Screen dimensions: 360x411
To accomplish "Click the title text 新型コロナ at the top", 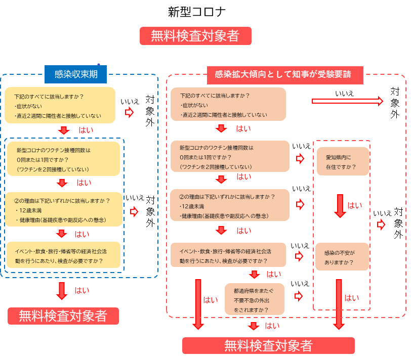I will point(196,12).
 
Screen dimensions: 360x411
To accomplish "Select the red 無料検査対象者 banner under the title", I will point(195,36).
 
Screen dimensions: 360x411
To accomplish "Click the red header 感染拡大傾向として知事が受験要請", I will point(285,75).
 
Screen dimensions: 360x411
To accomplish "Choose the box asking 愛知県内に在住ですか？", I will point(343,161).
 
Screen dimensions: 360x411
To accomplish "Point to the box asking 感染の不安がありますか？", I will point(342,257).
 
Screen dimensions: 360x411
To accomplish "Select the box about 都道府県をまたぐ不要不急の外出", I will point(255,299).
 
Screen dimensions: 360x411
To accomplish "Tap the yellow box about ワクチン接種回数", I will point(63,159).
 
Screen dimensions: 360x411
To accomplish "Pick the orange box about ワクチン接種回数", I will point(230,157).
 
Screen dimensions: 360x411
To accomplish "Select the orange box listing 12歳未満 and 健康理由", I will point(230,205).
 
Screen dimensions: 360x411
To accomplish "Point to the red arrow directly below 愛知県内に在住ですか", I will point(340,205).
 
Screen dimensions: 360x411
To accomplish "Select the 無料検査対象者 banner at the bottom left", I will point(63,316).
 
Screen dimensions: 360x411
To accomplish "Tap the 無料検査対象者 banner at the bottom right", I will point(268,345).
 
